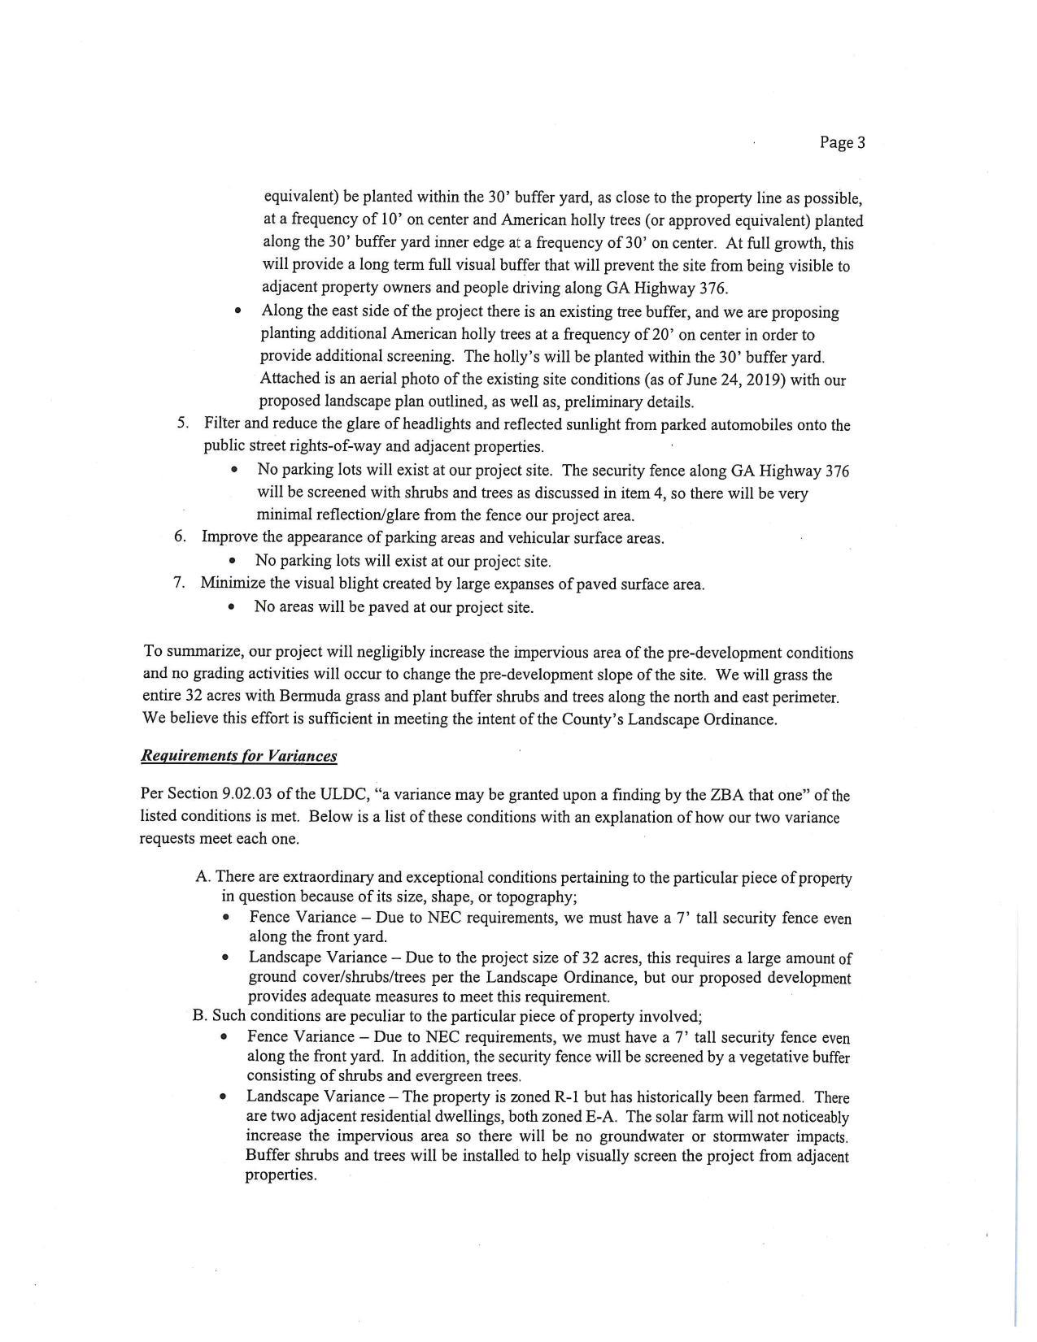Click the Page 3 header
(x=842, y=143)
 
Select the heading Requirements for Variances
(x=238, y=756)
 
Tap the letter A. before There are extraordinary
(x=203, y=877)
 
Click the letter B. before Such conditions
(x=199, y=1016)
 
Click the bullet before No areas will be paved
(x=233, y=607)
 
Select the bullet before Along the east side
(x=238, y=311)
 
